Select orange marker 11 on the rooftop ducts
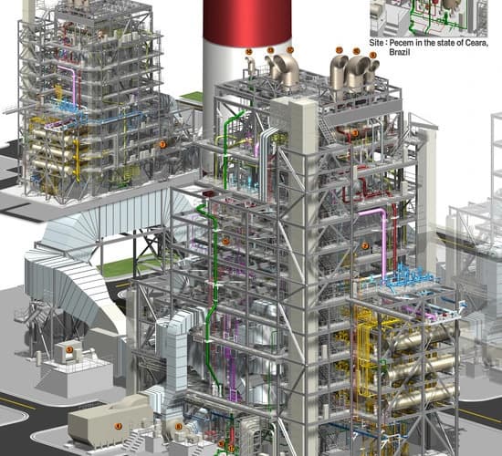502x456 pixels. pyautogui.click(x=339, y=49)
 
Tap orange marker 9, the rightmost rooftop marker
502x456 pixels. pyautogui.click(x=372, y=56)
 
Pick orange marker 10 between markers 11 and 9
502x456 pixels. pyautogui.click(x=356, y=52)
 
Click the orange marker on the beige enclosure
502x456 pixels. pyautogui.click(x=117, y=426)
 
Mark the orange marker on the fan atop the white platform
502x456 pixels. pyautogui.click(x=68, y=349)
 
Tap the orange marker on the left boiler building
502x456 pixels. pyautogui.click(x=162, y=143)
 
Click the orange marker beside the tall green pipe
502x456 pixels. pyautogui.click(x=225, y=241)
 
